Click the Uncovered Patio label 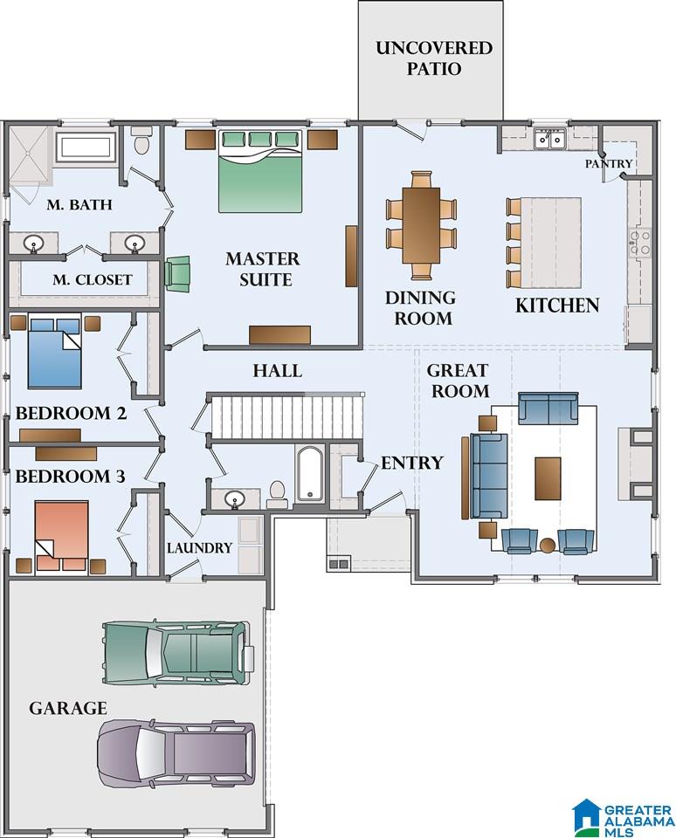434,58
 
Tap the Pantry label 609,163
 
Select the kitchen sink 550,139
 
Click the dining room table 421,225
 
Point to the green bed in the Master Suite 260,171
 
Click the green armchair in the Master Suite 177,273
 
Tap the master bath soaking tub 86,147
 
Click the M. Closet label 92,279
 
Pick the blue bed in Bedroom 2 54,352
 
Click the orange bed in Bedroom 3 61,535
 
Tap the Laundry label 199,548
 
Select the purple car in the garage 176,752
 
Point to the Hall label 277,370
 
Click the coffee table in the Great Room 548,478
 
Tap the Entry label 412,463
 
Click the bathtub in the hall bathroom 310,473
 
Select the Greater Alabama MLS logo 623,817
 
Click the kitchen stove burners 639,241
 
